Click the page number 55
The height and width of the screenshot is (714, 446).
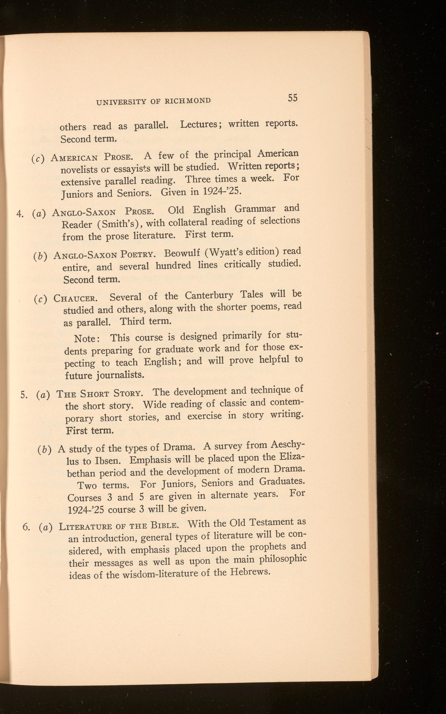[x=293, y=98]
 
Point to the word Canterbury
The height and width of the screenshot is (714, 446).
[x=209, y=295]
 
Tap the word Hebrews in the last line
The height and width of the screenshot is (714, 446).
[x=250, y=572]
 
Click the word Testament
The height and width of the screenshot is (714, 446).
[x=271, y=523]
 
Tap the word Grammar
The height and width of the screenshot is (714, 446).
[x=255, y=209]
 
